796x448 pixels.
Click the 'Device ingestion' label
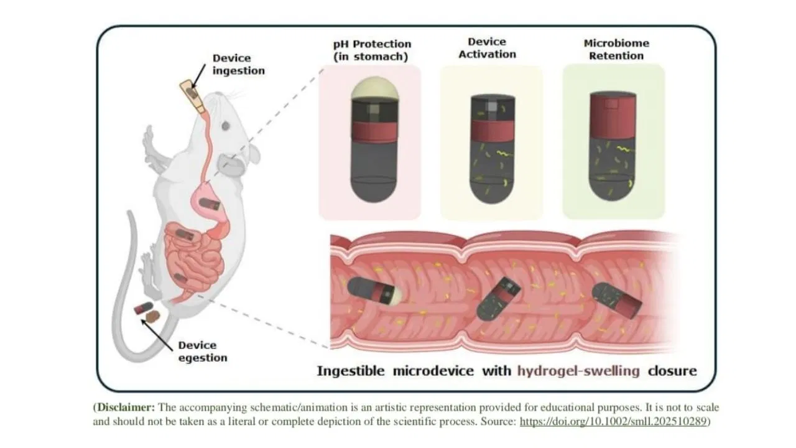click(x=238, y=64)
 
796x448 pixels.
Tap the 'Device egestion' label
click(x=203, y=352)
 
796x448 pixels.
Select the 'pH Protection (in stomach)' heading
click(x=372, y=50)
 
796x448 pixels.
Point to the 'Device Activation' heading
click(x=487, y=48)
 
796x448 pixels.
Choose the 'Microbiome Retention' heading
click(x=616, y=49)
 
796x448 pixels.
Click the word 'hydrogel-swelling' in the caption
click(x=578, y=371)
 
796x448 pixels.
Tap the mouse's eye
click(x=226, y=126)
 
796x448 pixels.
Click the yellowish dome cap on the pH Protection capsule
click(x=374, y=88)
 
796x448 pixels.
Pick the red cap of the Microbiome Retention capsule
click(x=613, y=115)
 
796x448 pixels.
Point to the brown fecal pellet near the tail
click(x=153, y=316)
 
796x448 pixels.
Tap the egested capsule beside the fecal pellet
click(x=143, y=308)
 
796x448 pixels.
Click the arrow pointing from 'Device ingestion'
click(x=198, y=76)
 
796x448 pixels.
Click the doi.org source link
click(x=613, y=421)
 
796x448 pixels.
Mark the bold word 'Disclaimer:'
click(x=126, y=407)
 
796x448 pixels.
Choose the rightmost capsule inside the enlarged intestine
click(x=616, y=300)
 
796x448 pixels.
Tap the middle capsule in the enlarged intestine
click(x=498, y=299)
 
